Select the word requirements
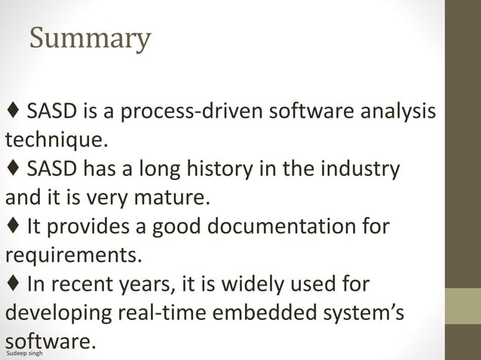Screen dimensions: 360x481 73,255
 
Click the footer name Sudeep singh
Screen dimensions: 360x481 23,352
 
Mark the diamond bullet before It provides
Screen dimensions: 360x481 13,226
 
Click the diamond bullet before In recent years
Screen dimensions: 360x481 13,283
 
